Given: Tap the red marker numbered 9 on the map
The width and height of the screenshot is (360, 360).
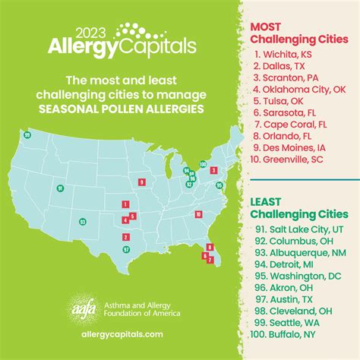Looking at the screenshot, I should [141, 182].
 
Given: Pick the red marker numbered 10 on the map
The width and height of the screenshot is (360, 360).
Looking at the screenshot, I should [197, 215].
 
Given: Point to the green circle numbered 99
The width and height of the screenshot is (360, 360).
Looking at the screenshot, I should [27, 134].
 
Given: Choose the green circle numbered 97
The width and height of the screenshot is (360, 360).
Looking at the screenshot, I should [126, 249].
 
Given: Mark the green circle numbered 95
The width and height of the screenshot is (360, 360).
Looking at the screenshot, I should [219, 185].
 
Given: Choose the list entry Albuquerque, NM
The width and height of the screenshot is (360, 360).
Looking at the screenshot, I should [301, 250].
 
